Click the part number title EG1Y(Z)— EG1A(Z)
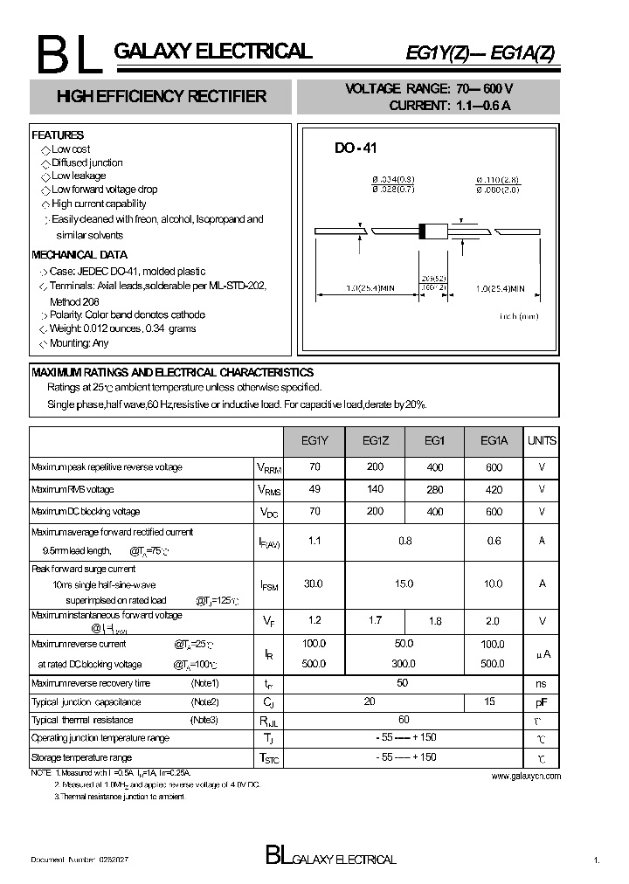(480, 53)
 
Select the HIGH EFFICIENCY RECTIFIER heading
(161, 97)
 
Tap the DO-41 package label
(356, 149)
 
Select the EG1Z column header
(376, 441)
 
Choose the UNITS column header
(542, 441)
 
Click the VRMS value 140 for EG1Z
(376, 490)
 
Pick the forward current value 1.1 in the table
(314, 541)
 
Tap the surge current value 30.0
(314, 584)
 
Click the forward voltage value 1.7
(376, 621)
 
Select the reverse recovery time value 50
(402, 683)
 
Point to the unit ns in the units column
(542, 684)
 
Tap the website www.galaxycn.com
(526, 776)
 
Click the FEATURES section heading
(58, 135)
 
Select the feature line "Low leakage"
(78, 176)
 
